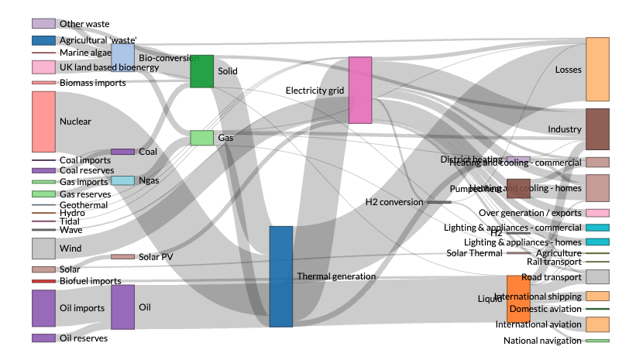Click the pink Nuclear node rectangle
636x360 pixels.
[x=43, y=122]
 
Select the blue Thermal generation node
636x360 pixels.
[x=281, y=276]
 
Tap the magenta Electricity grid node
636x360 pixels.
[x=360, y=90]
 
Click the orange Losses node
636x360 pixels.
[x=597, y=69]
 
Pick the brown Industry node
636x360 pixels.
[x=597, y=129]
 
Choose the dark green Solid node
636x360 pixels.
[x=201, y=71]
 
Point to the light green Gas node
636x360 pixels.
[x=201, y=138]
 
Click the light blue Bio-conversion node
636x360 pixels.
[x=122, y=57]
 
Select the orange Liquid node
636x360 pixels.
[x=518, y=299]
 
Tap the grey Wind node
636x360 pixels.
[x=43, y=249]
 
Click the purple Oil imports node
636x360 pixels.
[x=43, y=308]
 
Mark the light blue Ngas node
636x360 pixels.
[x=122, y=180]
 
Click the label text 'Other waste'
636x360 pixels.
[x=84, y=24]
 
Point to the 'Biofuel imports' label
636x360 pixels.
[x=90, y=281]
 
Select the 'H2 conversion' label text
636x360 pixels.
[x=394, y=202]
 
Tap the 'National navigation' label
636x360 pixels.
[x=542, y=341]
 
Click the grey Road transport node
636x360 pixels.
[x=597, y=276]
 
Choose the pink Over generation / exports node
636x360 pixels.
[x=597, y=213]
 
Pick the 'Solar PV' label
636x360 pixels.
[x=156, y=256]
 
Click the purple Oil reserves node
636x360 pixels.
[x=43, y=338]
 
